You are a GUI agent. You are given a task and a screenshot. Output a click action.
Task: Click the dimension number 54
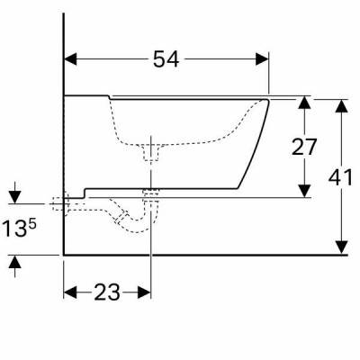(x=166, y=59)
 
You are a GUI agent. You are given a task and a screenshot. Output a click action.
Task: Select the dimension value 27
(x=304, y=147)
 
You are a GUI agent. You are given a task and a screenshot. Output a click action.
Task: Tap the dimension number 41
(x=340, y=177)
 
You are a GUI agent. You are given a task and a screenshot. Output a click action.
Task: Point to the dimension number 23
(x=107, y=292)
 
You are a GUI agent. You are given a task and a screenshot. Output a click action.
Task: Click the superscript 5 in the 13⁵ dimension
(x=32, y=224)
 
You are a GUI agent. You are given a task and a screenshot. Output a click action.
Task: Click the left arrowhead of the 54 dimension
(x=71, y=59)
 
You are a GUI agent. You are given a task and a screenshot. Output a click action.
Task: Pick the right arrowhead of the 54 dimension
(x=262, y=59)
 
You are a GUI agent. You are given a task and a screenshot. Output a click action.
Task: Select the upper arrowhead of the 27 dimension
(x=305, y=103)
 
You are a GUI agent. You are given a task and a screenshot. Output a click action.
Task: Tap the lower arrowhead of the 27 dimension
(x=305, y=191)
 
